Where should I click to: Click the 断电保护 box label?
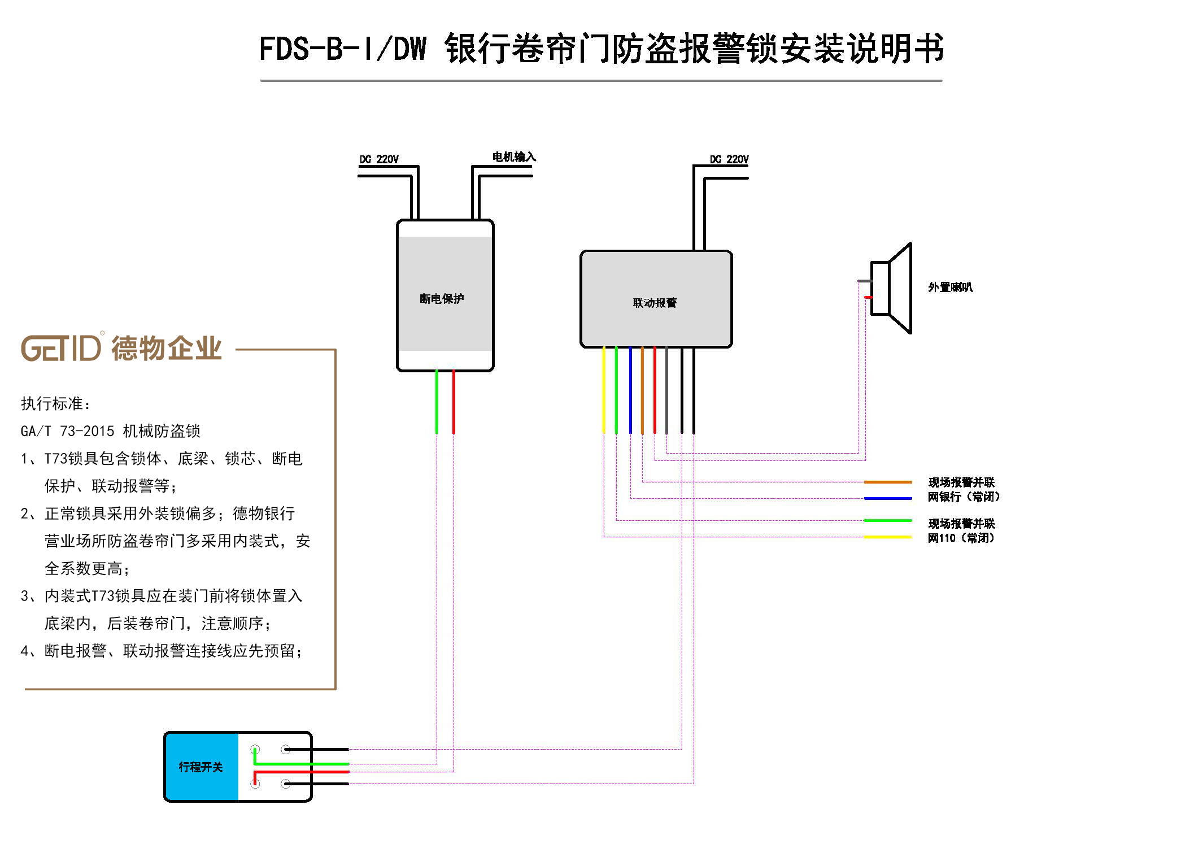coord(442,298)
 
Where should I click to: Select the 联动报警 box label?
coord(655,303)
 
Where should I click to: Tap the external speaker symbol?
coord(891,288)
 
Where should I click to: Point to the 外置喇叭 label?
coord(950,287)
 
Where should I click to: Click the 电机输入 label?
coord(514,156)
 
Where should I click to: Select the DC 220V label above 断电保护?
coord(379,159)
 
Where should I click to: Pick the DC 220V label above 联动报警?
coord(729,159)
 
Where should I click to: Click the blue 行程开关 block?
coord(201,767)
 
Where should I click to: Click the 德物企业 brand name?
coord(167,347)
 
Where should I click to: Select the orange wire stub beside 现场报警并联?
coord(888,482)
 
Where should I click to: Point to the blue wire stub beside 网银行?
coord(888,498)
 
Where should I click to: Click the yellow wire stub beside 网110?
coord(888,537)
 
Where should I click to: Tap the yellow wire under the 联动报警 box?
coord(604,390)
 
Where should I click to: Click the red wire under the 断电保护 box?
coord(454,402)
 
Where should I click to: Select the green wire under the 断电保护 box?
coord(437,402)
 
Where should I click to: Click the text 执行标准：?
coord(56,403)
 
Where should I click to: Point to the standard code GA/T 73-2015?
coord(67,431)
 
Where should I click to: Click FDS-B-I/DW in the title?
coord(343,49)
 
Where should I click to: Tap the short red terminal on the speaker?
coord(868,297)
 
